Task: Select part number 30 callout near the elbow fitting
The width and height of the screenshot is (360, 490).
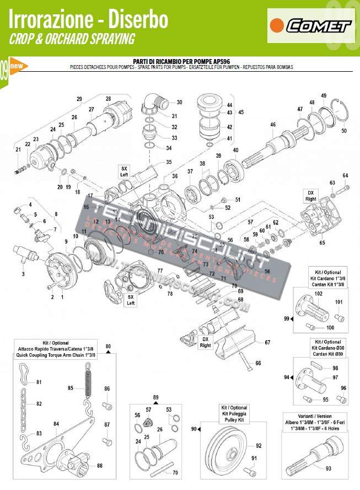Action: click(179, 102)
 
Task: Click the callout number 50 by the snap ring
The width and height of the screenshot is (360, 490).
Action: click(344, 131)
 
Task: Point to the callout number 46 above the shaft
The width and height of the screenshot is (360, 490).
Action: click(272, 125)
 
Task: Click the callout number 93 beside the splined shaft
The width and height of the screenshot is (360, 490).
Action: click(329, 468)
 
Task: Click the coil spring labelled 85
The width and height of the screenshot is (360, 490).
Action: click(88, 381)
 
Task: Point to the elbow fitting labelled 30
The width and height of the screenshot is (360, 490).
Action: click(154, 103)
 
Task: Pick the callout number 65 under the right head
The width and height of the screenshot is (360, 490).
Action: click(322, 242)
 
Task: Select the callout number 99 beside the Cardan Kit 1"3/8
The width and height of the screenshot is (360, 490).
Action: click(286, 319)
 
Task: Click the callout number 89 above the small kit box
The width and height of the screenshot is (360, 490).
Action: click(155, 397)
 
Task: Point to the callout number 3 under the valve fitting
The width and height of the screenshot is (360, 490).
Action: click(23, 274)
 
